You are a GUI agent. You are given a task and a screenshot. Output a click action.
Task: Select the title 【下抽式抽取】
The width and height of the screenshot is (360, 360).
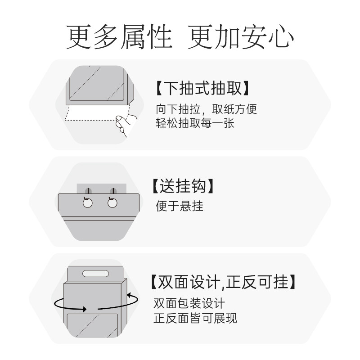202,88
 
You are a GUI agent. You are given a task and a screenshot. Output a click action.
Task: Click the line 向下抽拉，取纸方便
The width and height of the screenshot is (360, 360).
207,109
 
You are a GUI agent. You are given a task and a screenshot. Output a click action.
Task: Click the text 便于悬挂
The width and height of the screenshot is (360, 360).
180,206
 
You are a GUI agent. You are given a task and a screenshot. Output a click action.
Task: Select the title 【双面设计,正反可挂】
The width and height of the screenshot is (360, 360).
224,282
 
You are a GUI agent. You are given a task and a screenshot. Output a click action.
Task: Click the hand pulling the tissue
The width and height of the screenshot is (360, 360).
124,125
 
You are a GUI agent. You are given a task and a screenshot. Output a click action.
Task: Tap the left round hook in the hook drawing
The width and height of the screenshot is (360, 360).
88,203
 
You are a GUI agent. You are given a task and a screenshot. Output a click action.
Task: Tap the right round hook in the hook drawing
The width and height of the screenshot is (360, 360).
112,203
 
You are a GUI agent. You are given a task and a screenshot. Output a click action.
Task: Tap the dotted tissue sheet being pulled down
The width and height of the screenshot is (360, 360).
90,114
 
